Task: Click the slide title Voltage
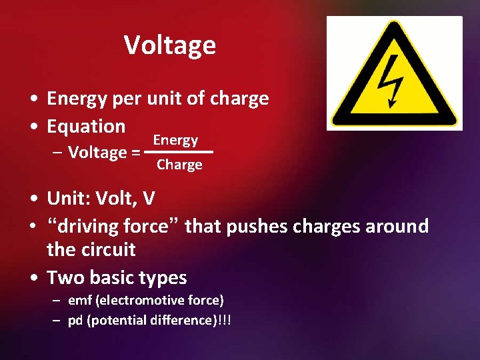click(170, 45)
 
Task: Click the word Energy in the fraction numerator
click(175, 140)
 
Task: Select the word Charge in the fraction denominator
click(179, 165)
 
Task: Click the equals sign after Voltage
click(135, 153)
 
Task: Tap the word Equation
click(86, 126)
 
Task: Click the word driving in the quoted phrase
click(89, 227)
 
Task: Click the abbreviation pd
click(76, 321)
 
